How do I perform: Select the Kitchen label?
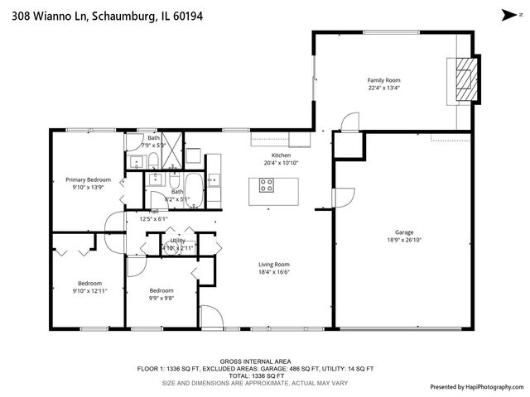(x=282, y=155)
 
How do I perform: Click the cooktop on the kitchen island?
(x=267, y=186)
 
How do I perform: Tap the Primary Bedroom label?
(x=88, y=179)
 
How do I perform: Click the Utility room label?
(x=178, y=240)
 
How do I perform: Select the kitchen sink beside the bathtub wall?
(x=214, y=178)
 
